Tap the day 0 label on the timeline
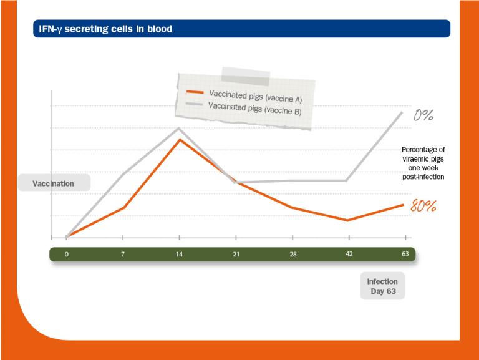click(66, 255)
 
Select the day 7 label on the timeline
click(123, 255)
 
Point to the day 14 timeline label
click(179, 255)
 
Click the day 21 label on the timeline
click(236, 255)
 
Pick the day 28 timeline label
click(292, 255)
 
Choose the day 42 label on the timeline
click(348, 255)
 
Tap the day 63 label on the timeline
click(404, 255)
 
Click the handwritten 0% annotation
click(423, 115)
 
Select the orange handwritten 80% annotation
click(423, 205)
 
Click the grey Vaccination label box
click(54, 183)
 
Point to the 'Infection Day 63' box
click(382, 286)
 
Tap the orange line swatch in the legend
click(196, 91)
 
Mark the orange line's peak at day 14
click(180, 139)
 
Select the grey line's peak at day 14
click(180, 128)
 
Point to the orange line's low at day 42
click(348, 220)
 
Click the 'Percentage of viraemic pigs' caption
click(423, 163)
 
